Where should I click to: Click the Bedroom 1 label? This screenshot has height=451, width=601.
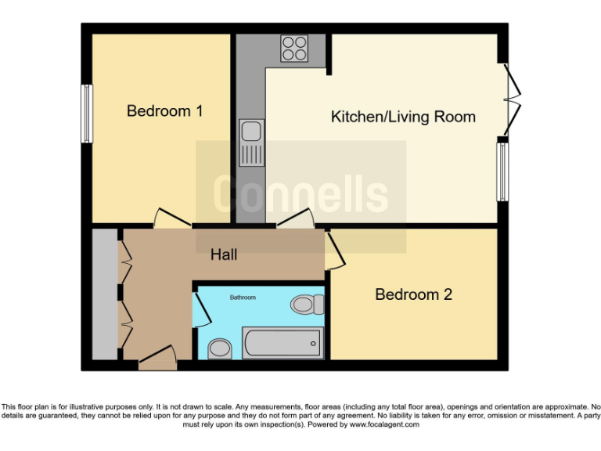click(x=164, y=111)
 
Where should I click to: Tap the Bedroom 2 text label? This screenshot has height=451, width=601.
click(x=413, y=294)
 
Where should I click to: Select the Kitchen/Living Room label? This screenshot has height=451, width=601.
click(x=403, y=117)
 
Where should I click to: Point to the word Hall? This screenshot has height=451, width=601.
click(x=224, y=254)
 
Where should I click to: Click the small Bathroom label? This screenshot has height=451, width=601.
click(x=242, y=298)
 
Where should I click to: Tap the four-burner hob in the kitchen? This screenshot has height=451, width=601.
click(x=294, y=49)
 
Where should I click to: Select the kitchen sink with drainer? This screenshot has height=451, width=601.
click(x=251, y=143)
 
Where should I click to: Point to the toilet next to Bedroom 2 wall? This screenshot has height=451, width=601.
click(x=306, y=304)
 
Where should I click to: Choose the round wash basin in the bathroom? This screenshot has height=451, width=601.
click(x=220, y=348)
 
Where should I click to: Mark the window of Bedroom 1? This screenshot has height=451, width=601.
click(x=88, y=114)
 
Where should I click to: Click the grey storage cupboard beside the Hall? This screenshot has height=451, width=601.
click(x=103, y=294)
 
